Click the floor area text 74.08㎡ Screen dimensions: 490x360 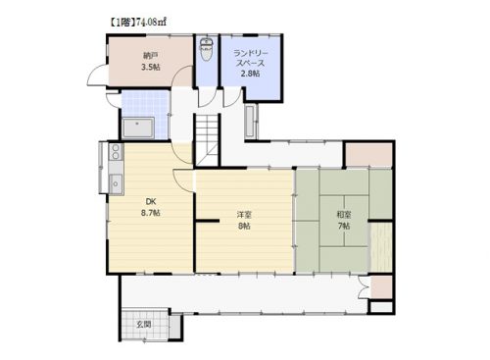click(151, 22)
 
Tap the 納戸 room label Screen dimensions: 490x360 click(150, 56)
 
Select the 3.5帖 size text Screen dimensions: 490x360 click(150, 68)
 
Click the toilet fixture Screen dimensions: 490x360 click(206, 49)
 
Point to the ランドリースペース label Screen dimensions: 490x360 click(250, 58)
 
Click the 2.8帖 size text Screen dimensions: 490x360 click(250, 74)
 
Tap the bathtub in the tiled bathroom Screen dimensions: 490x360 click(138, 128)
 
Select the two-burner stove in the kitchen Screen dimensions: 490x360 click(116, 152)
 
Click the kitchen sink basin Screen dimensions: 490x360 click(116, 183)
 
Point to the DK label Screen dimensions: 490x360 click(151, 201)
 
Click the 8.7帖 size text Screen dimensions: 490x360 click(151, 213)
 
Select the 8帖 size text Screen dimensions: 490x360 click(244, 226)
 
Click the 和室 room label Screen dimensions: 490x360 click(344, 215)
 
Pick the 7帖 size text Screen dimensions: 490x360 click(344, 226)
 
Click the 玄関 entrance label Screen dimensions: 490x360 click(144, 325)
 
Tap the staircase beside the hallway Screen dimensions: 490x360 click(207, 139)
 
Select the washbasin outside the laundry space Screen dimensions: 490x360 click(251, 122)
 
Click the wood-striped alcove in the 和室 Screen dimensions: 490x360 click(381, 247)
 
